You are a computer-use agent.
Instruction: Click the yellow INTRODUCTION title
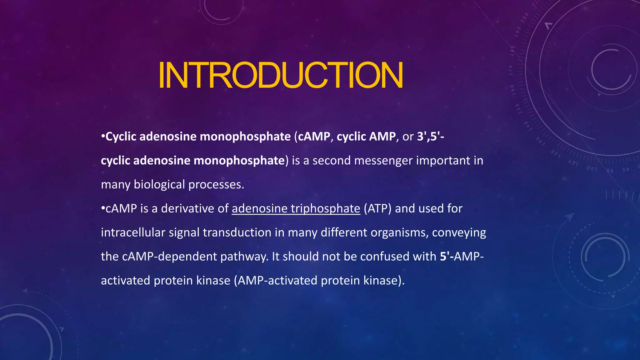tap(280, 75)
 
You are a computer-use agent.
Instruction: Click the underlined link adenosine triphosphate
tap(296, 208)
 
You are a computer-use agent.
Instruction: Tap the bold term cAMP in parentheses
tap(314, 137)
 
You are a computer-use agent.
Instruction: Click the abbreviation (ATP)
tap(377, 208)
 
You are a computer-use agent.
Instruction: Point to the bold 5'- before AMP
tap(447, 257)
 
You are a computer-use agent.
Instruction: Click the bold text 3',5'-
tap(430, 137)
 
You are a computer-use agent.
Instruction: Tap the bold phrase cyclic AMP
tap(366, 137)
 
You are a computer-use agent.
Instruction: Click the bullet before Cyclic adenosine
tap(103, 137)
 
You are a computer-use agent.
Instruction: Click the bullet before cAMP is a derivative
tap(103, 208)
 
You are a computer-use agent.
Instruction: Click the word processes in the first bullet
tap(216, 185)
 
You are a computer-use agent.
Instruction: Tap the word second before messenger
tap(331, 161)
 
